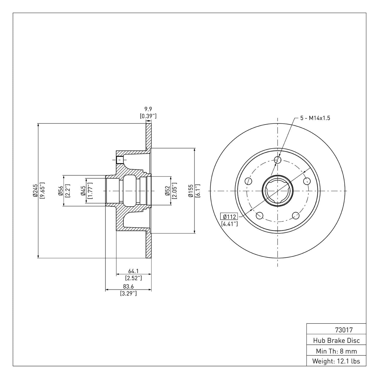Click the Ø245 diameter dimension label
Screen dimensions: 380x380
pyautogui.click(x=35, y=191)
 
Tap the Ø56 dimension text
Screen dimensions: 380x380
pyautogui.click(x=60, y=191)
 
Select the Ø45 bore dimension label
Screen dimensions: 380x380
pyautogui.click(x=83, y=191)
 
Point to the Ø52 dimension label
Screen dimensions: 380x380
pyautogui.click(x=167, y=191)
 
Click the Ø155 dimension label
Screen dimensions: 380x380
pyautogui.click(x=191, y=191)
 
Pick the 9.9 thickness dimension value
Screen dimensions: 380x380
pyautogui.click(x=148, y=109)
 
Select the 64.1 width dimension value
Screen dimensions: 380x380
pyautogui.click(x=133, y=271)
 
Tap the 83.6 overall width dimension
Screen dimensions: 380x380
pyautogui.click(x=128, y=287)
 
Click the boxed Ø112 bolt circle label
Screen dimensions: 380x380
pyautogui.click(x=229, y=217)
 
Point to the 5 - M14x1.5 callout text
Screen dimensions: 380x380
pyautogui.click(x=315, y=118)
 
